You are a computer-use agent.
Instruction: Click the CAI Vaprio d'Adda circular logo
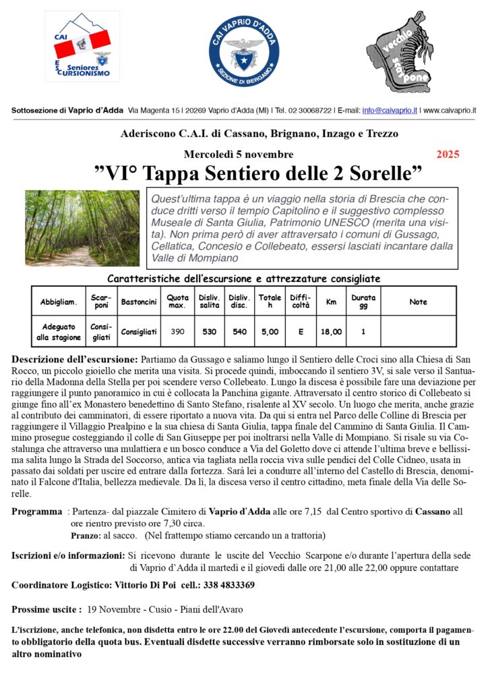click(243, 53)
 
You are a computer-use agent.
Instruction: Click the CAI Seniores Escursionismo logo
click(82, 47)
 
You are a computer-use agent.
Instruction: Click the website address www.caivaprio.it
click(450, 110)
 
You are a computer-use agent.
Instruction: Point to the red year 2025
click(448, 155)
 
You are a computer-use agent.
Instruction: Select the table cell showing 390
click(177, 332)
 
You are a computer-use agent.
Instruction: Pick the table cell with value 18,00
click(331, 332)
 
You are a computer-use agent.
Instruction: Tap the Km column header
click(331, 302)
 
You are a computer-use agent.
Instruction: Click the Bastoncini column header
click(139, 302)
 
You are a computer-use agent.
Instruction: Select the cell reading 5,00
click(270, 332)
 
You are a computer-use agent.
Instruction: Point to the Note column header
click(418, 302)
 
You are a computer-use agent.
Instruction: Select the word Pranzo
click(86, 536)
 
